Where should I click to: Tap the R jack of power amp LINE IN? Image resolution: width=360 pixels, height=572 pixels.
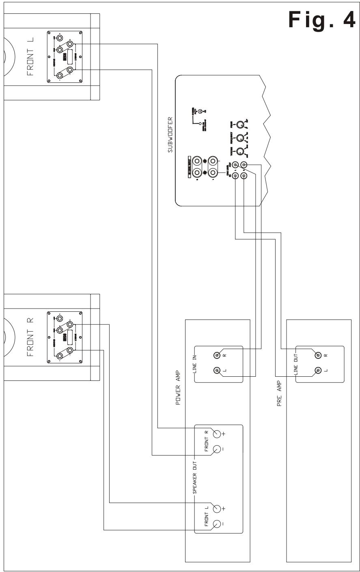218,355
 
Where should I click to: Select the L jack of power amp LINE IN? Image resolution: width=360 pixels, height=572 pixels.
218,370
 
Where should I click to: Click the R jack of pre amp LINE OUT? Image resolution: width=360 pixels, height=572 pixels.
319,355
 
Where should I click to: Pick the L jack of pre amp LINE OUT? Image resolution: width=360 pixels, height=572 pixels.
319,370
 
